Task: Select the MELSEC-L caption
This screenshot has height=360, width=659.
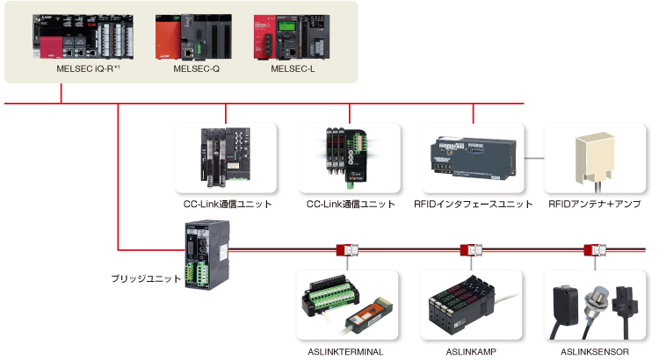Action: click(293, 68)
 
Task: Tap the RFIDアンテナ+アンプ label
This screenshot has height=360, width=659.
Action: click(595, 205)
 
